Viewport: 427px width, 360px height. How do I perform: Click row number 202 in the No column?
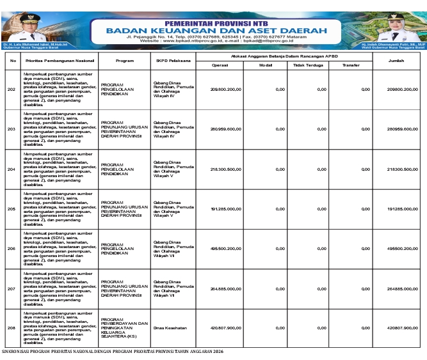(x=12, y=89)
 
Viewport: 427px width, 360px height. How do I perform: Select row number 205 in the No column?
(x=12, y=208)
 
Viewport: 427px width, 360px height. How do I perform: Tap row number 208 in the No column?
(x=12, y=328)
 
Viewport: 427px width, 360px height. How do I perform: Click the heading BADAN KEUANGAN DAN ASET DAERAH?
(x=216, y=30)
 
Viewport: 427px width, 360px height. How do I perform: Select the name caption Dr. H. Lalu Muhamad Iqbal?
(x=26, y=43)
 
